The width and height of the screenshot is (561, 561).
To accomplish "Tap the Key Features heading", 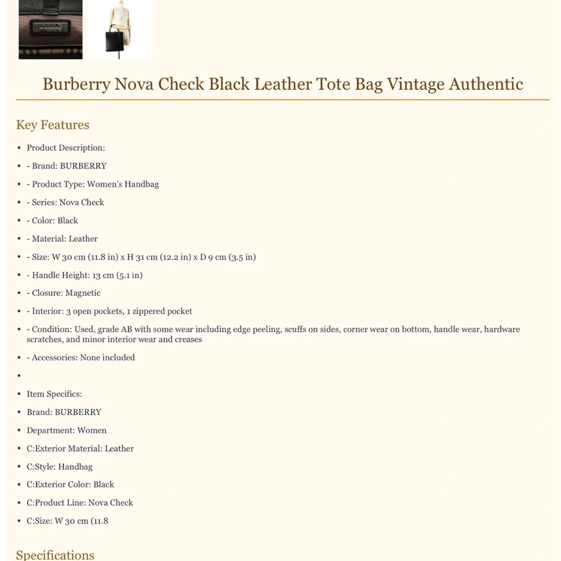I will tap(53, 125).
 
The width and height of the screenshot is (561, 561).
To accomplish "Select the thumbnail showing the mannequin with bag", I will tap(119, 29).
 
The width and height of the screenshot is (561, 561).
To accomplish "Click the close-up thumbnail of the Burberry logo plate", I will tap(50, 29).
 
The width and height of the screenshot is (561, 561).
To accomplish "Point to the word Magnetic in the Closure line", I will tap(83, 293).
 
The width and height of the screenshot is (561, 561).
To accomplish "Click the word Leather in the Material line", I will tap(83, 238).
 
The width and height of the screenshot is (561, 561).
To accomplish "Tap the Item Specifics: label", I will tap(54, 394).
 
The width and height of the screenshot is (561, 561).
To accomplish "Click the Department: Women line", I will tap(67, 430).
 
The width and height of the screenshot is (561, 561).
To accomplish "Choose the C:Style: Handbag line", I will tap(59, 466).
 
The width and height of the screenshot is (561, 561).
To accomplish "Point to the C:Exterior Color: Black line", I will tap(70, 484).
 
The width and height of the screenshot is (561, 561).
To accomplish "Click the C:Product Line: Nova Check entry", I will tap(80, 503).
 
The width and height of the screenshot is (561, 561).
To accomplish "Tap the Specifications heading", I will tap(55, 554).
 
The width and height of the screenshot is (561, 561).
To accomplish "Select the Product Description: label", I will tap(66, 148).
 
